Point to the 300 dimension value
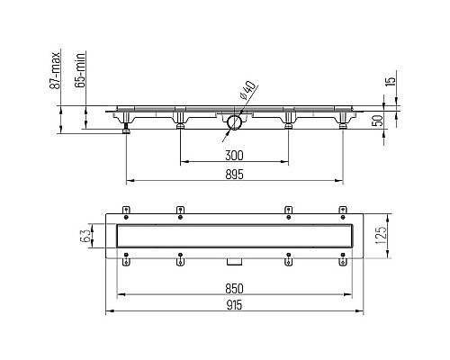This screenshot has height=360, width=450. (234, 155)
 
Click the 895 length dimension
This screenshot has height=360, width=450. (234, 173)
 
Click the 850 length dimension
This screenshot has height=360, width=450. (234, 288)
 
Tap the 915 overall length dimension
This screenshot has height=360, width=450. (234, 305)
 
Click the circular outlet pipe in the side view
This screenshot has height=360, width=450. (233, 121)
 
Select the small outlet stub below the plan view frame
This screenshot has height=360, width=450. (233, 261)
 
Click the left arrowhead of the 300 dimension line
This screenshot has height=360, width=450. (183, 163)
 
